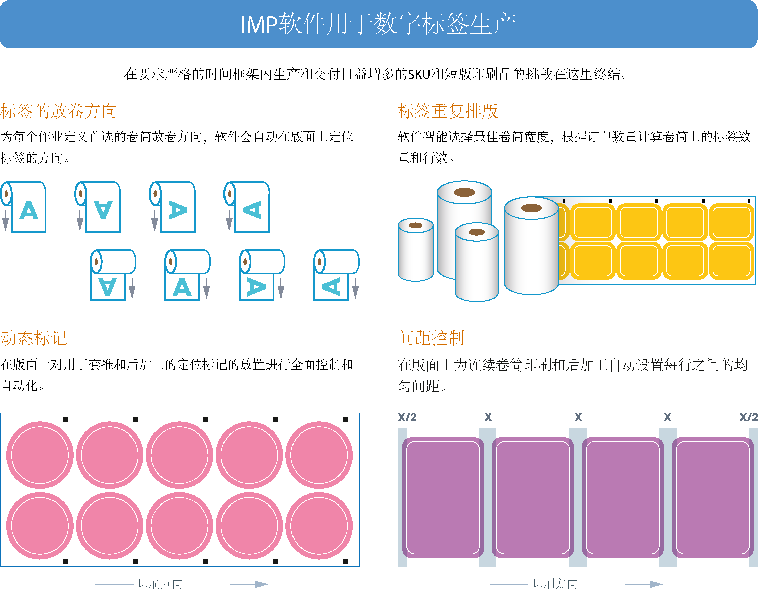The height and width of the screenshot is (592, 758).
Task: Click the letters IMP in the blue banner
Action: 259,25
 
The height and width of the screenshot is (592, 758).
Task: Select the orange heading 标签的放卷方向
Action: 58,111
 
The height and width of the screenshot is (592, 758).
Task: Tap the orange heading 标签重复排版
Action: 448,111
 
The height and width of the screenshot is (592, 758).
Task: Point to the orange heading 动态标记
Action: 34,338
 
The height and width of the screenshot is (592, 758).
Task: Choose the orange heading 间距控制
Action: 431,338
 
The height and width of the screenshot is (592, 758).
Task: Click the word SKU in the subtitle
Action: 419,74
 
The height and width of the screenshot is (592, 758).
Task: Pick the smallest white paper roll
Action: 415,250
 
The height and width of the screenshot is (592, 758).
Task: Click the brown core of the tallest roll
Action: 464,192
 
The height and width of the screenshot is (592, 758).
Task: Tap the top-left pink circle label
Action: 40,455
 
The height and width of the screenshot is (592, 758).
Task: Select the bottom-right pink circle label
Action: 319,525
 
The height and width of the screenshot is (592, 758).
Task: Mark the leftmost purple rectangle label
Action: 443,497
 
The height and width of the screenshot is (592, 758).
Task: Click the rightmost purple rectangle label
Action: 712,497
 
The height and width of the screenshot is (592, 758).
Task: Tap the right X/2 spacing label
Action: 748,417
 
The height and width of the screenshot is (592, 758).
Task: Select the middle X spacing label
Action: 578,417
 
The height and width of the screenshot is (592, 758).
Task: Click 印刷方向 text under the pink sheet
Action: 160,584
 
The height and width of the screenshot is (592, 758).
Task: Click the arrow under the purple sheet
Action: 644,584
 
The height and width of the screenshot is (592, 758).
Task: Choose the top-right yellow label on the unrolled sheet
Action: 731,222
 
